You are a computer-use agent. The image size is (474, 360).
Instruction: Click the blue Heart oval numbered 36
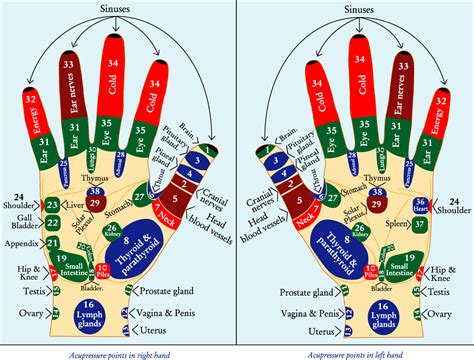[422, 204]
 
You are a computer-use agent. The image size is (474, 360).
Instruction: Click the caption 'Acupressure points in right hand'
[118, 351]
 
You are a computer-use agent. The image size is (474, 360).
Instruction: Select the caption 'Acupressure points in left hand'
[356, 351]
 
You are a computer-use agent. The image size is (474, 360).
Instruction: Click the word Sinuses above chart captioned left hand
[356, 10]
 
